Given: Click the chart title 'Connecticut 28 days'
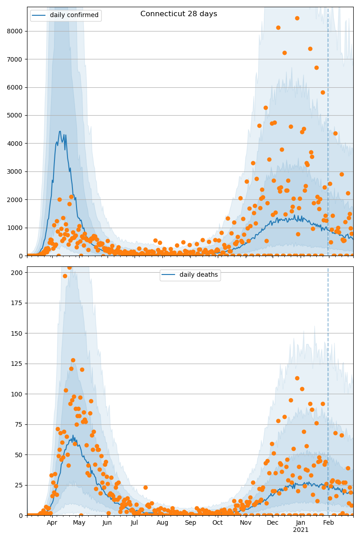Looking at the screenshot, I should (x=179, y=14).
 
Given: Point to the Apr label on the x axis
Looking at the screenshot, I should (x=52, y=523).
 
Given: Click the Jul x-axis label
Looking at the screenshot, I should (x=135, y=523).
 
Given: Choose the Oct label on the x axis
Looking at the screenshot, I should (x=217, y=523).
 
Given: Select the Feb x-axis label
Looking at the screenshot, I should (x=329, y=523).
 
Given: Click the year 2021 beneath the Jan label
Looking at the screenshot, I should (x=301, y=530).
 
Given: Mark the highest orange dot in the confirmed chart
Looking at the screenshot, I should (x=297, y=18).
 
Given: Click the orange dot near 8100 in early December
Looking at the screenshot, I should (x=278, y=27).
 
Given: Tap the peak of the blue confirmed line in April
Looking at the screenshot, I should (x=60, y=131).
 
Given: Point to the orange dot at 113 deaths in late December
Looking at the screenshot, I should (x=297, y=378).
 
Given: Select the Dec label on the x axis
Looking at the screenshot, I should (x=273, y=523).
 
